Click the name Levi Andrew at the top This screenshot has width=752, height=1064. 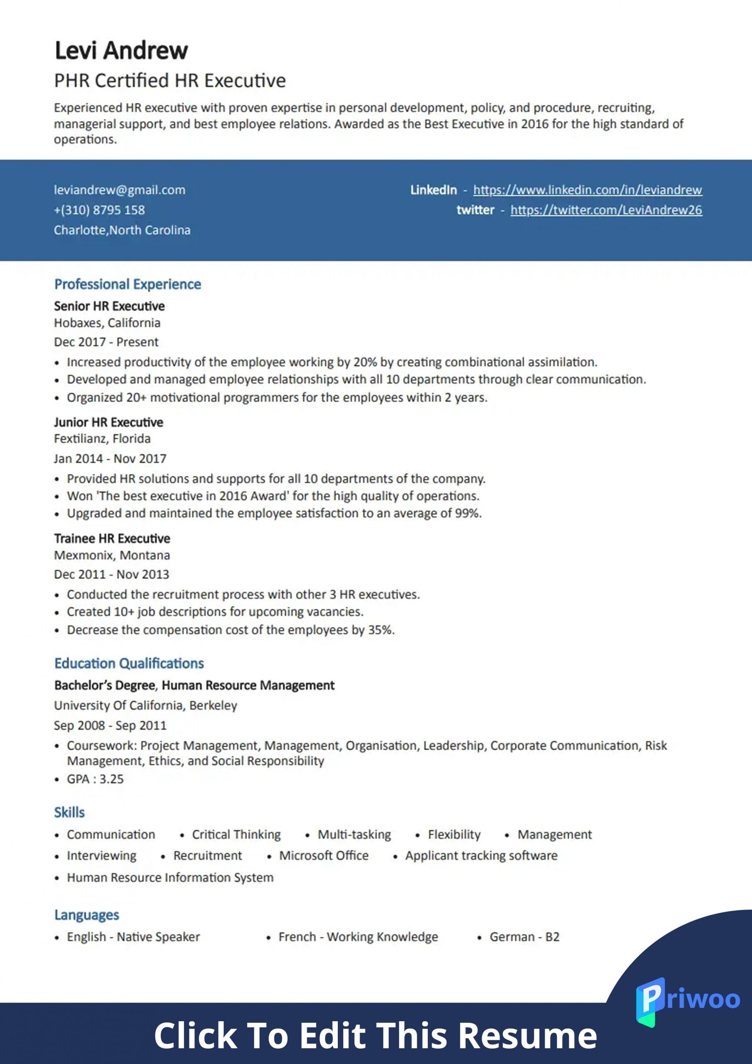[x=121, y=51]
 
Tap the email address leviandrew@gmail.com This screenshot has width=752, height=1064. [x=120, y=190]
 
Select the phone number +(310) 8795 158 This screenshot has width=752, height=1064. [x=99, y=210]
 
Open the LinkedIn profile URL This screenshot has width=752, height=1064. [x=587, y=190]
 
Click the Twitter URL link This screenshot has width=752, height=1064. [x=606, y=210]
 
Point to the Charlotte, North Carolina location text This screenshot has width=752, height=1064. [x=122, y=230]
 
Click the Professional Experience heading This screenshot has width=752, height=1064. [x=128, y=284]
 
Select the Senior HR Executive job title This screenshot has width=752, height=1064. [x=109, y=306]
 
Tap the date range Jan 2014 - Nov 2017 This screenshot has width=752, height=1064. [x=110, y=459]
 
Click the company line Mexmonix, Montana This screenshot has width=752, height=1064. [x=112, y=555]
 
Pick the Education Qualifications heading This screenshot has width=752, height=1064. [x=129, y=663]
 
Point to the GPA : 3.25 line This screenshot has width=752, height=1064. [x=95, y=779]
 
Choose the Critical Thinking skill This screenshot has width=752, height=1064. [x=236, y=835]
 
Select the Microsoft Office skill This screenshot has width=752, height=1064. [x=323, y=855]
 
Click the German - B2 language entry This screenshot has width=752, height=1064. [x=524, y=937]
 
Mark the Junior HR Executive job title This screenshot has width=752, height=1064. [x=108, y=422]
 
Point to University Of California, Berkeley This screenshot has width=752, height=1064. [x=145, y=705]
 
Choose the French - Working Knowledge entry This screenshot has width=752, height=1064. [x=358, y=937]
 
